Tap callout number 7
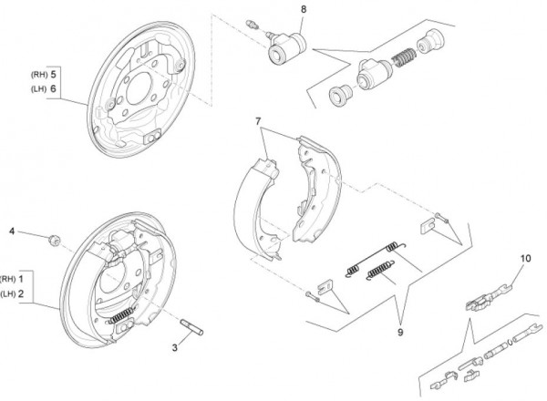point(259,121)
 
